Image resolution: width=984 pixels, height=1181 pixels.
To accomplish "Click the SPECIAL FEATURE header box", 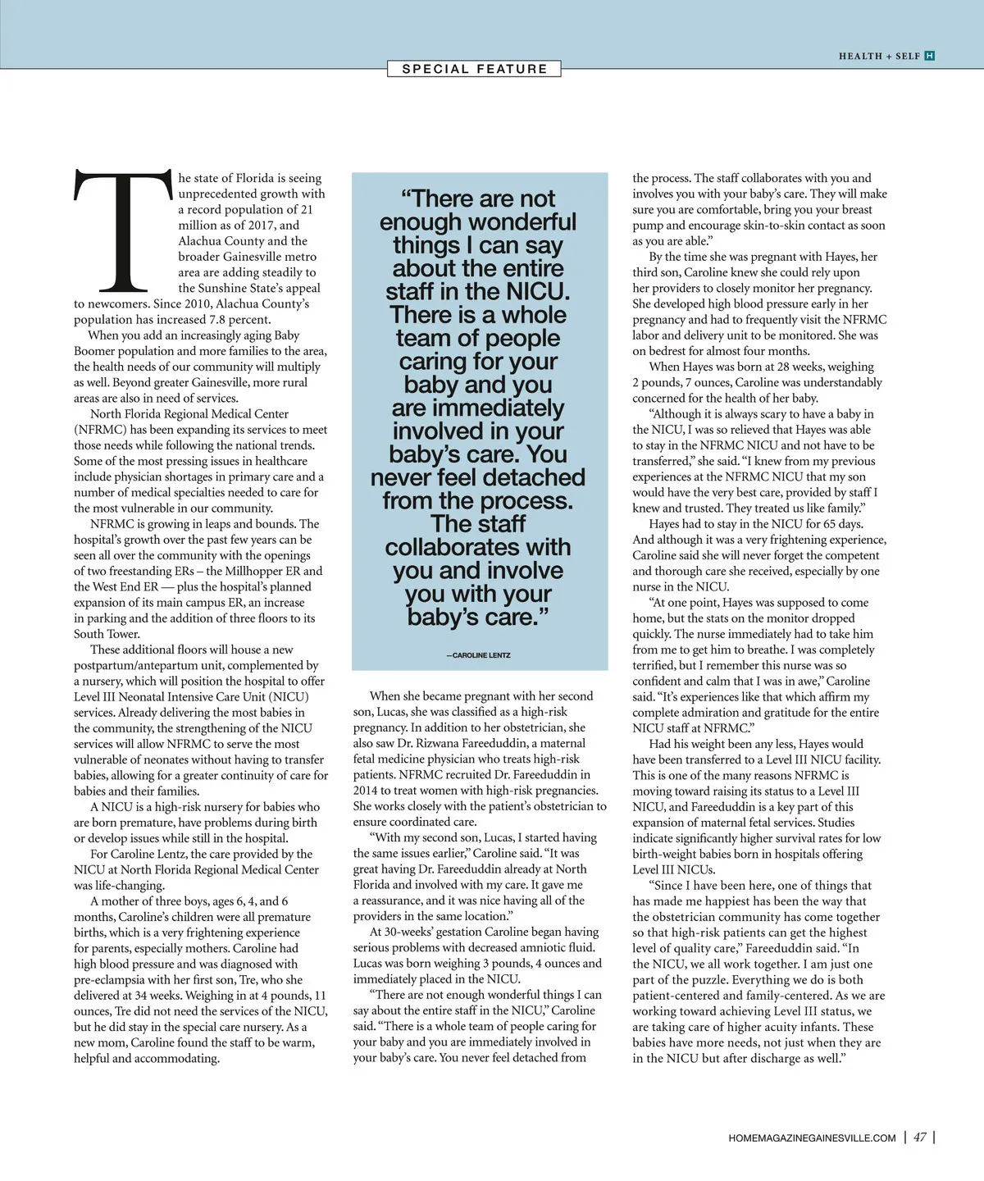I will click(474, 69).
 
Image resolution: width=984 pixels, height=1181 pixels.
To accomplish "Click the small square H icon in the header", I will click(929, 56).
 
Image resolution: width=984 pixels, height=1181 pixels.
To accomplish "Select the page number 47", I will click(920, 1138).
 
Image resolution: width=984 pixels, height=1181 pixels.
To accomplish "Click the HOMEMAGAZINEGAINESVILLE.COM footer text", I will click(812, 1138).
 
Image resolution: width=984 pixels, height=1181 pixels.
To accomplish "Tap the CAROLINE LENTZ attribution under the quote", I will click(479, 655).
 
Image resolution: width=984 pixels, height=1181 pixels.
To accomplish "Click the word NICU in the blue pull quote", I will click(537, 292).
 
